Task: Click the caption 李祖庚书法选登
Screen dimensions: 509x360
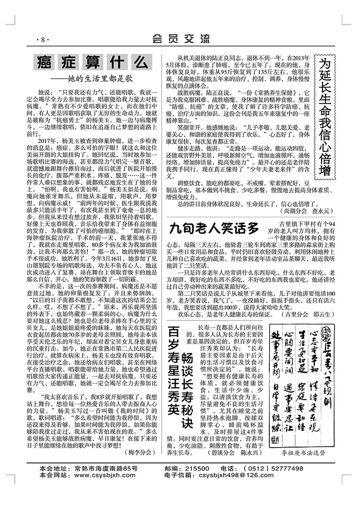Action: click(x=302, y=412)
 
